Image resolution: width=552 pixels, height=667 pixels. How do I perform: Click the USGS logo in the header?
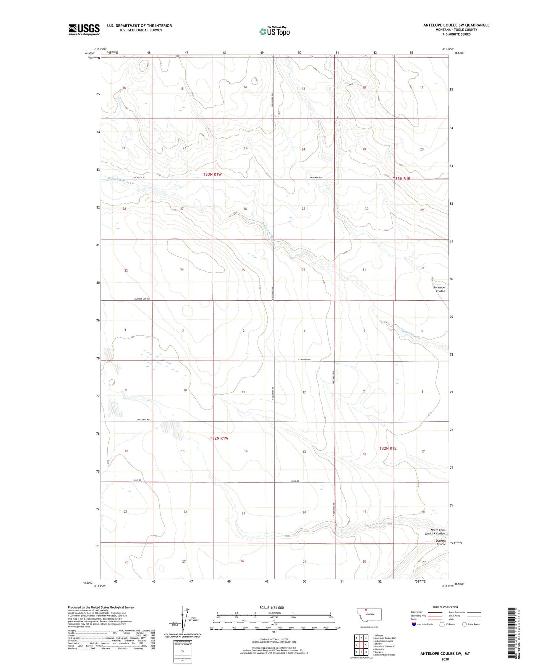pyautogui.click(x=84, y=29)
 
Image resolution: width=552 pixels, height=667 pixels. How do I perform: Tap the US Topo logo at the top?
pyautogui.click(x=274, y=31)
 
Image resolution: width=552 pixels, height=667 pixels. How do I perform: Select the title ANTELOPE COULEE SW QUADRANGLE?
pyautogui.click(x=456, y=25)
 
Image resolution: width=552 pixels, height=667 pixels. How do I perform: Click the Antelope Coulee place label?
pyautogui.click(x=439, y=289)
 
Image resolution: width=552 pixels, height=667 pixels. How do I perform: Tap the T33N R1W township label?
pyautogui.click(x=212, y=174)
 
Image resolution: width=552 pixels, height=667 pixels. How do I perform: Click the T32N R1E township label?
pyautogui.click(x=388, y=448)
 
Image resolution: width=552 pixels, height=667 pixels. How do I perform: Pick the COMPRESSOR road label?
pyautogui.click(x=304, y=359)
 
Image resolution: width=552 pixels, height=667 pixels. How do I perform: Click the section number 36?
pyautogui.click(x=304, y=270)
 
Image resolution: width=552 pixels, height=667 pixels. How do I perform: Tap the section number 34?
pyautogui.click(x=182, y=270)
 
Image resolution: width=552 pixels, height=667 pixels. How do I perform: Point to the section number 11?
pyautogui.click(x=243, y=392)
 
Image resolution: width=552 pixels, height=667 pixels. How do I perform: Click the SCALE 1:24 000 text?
pyautogui.click(x=272, y=608)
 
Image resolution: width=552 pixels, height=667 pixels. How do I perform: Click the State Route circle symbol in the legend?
pyautogui.click(x=465, y=624)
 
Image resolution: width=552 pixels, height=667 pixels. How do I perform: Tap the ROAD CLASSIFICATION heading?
pyautogui.click(x=445, y=607)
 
